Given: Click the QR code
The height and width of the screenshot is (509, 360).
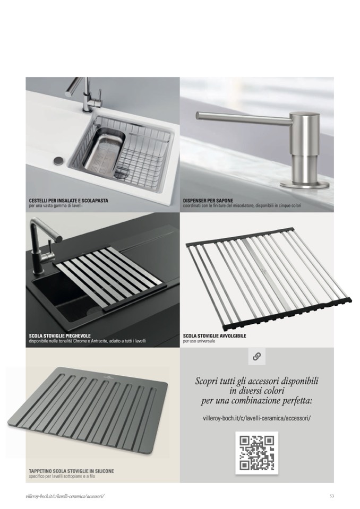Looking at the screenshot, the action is click(256, 453).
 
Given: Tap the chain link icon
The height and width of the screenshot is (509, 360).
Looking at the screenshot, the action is click(257, 357).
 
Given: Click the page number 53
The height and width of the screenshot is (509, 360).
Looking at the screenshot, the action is click(331, 496).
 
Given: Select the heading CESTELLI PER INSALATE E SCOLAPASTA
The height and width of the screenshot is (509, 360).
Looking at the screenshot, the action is click(68, 201).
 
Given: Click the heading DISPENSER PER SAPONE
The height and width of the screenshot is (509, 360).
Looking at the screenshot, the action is click(208, 201).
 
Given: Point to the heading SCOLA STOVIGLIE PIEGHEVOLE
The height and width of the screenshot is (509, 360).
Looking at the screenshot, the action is click(59, 335).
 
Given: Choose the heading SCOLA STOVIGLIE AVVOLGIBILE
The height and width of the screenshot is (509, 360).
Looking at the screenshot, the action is click(215, 336).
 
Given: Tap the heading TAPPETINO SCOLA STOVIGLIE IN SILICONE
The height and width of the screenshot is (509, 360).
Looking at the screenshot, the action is click(71, 471).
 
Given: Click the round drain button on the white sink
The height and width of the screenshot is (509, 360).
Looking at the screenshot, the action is click(59, 160).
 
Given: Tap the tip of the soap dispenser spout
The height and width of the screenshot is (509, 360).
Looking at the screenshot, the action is click(198, 115).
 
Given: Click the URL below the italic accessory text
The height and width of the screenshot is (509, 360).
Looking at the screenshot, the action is click(257, 418).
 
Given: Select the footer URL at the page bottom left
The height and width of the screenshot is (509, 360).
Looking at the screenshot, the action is click(65, 496).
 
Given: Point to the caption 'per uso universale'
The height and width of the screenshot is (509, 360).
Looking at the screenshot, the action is click(199, 341).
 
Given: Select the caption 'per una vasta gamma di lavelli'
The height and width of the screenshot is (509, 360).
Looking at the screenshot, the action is click(56, 206).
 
